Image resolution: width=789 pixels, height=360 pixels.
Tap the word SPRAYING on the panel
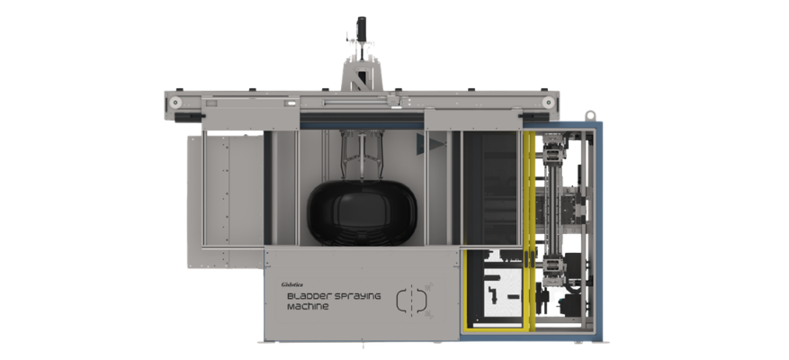point(357,296)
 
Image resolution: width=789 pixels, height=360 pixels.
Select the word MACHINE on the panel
point(308,307)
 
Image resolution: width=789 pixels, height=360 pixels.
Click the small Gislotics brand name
point(292,285)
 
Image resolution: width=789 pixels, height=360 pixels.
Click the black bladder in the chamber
point(363,212)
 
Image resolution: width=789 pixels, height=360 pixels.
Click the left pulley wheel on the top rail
point(175,103)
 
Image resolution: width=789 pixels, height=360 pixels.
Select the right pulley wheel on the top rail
point(549,103)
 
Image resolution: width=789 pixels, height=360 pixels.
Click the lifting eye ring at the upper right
point(590,115)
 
